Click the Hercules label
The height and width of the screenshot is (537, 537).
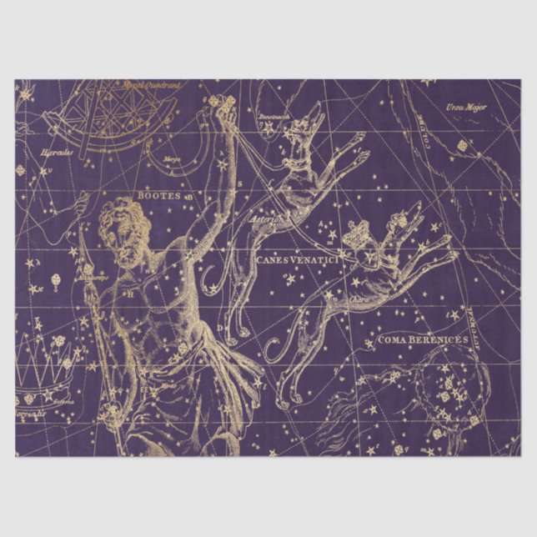coord(58,152)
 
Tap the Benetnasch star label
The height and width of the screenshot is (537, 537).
coord(273,116)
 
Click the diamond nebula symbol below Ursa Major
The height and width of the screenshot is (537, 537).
coord(462,145)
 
